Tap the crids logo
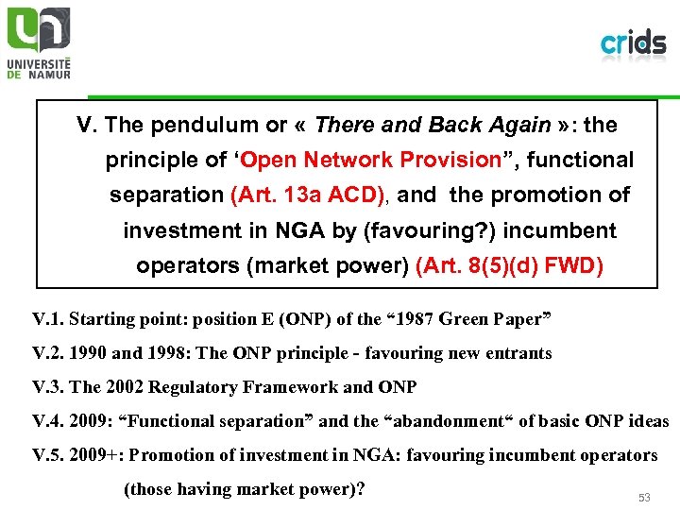coord(633,42)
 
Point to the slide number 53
coord(645,496)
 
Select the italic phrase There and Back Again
coord(433,125)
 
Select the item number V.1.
coord(47,319)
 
